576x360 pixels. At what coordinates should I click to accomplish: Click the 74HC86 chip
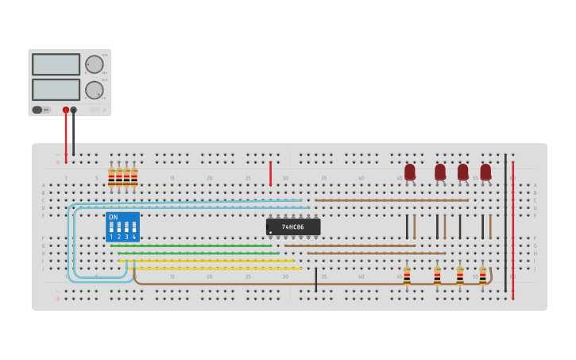click(x=293, y=226)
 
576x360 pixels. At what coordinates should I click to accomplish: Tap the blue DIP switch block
click(x=122, y=226)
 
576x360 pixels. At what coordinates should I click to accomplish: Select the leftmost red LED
click(x=410, y=172)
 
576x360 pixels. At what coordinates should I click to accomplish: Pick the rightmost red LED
click(x=485, y=172)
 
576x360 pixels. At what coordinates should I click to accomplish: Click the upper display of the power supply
click(x=56, y=64)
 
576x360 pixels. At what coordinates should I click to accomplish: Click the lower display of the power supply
click(x=56, y=89)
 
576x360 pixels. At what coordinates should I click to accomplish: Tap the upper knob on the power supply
click(x=95, y=64)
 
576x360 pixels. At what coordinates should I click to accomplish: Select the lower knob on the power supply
click(x=95, y=90)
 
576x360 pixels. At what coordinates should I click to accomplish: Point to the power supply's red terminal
click(x=66, y=110)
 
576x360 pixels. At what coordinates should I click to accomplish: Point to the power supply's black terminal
click(x=74, y=110)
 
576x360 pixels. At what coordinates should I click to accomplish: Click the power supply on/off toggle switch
click(x=37, y=110)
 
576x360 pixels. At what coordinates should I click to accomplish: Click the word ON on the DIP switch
click(x=113, y=217)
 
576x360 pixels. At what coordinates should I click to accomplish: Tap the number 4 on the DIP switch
click(x=133, y=237)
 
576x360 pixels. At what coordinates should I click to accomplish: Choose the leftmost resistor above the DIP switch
click(x=111, y=177)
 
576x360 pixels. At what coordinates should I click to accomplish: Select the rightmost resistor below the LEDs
click(x=482, y=276)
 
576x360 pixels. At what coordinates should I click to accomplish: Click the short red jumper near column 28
click(x=270, y=172)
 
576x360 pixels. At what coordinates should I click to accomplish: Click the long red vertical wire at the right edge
click(x=513, y=230)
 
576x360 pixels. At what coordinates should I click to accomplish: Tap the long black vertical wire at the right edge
click(x=505, y=223)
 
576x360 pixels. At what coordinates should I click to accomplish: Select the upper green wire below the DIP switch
click(x=191, y=246)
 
